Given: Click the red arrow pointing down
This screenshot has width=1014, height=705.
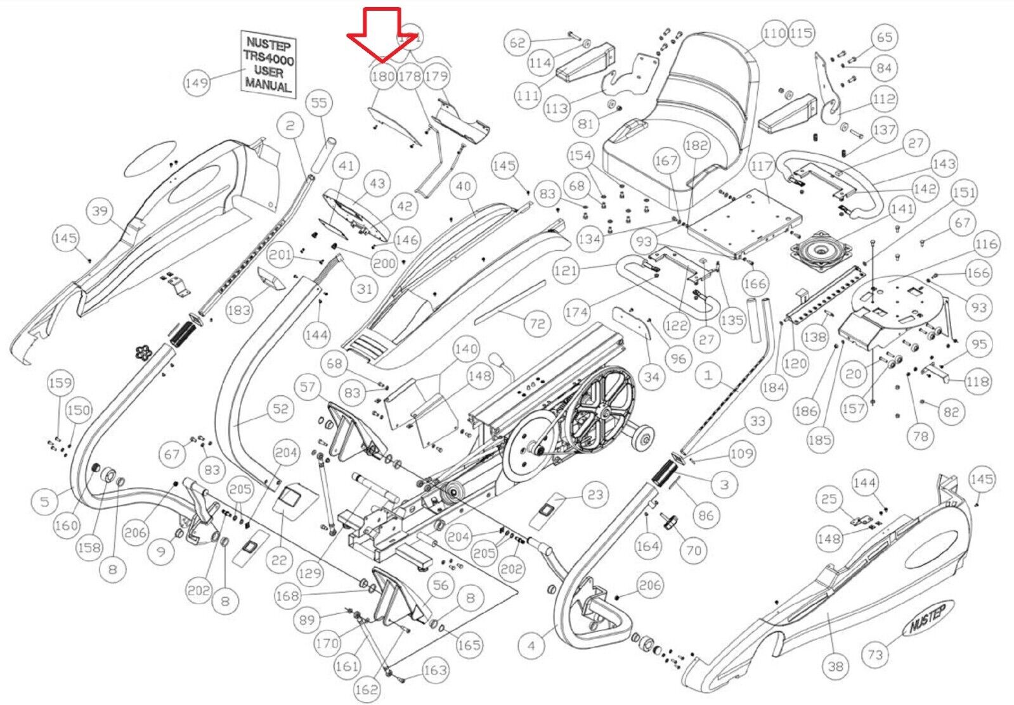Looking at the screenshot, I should pyautogui.click(x=374, y=35).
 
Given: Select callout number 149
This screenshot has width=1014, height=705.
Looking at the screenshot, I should pyautogui.click(x=197, y=82).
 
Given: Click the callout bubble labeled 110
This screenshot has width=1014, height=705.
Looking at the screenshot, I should pyautogui.click(x=774, y=33).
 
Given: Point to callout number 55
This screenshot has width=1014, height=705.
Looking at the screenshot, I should pyautogui.click(x=319, y=103).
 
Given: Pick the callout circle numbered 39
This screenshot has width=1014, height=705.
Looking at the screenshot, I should pyautogui.click(x=100, y=210).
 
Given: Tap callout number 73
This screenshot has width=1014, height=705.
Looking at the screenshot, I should pyautogui.click(x=875, y=654).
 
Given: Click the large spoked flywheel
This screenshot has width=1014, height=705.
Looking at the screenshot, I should pyautogui.click(x=601, y=414).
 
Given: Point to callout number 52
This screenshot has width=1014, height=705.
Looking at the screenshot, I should pyautogui.click(x=280, y=409).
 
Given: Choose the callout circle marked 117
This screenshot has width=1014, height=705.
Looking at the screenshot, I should pyautogui.click(x=761, y=167).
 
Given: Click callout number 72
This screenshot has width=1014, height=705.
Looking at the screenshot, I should pyautogui.click(x=537, y=324).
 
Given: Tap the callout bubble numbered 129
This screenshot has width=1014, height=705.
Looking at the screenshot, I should pyautogui.click(x=309, y=574).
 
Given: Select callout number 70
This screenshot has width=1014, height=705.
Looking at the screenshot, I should pyautogui.click(x=694, y=550).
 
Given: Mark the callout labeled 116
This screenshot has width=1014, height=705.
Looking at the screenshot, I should pyautogui.click(x=986, y=244).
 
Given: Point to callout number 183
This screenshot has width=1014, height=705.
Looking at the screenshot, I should pyautogui.click(x=238, y=310).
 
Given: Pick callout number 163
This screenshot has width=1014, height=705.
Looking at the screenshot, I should pyautogui.click(x=435, y=670).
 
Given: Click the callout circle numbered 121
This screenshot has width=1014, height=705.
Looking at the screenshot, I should pyautogui.click(x=566, y=271).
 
